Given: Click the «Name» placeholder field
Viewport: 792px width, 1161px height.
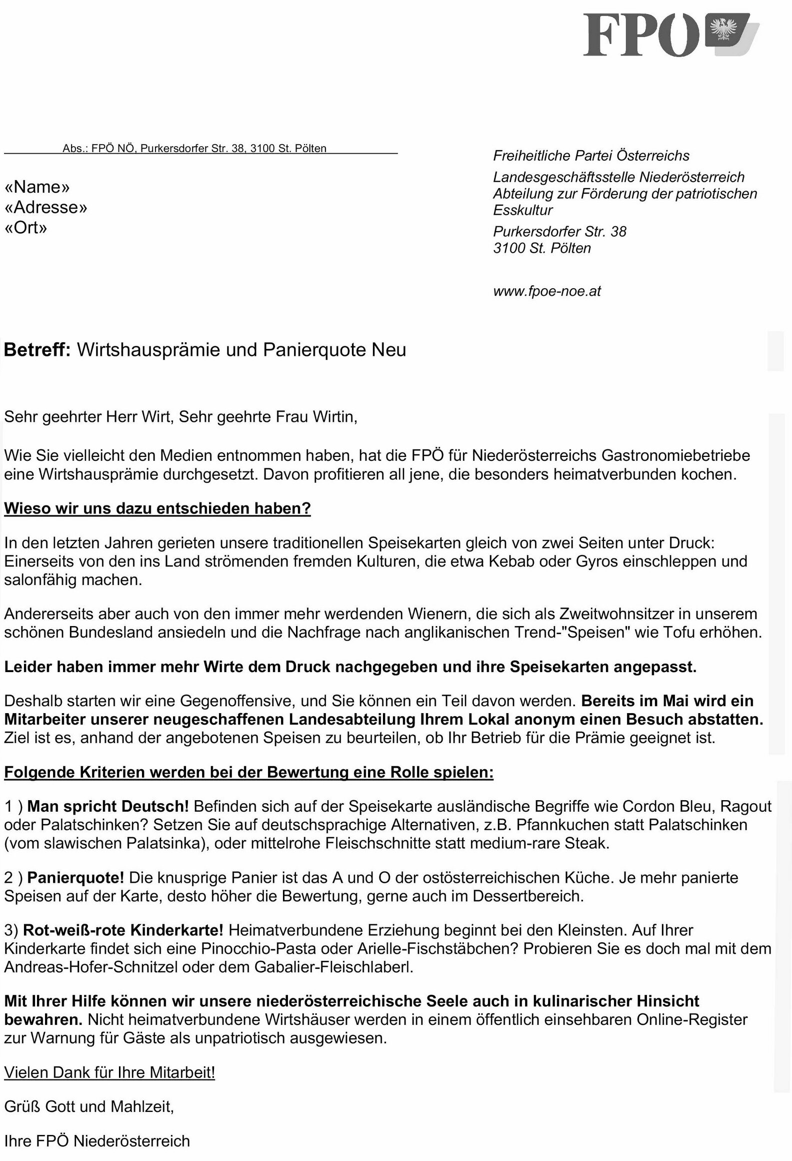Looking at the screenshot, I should click(37, 187).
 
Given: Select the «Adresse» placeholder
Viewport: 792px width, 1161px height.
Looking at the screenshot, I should click(45, 207).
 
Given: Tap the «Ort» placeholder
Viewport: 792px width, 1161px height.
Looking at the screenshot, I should click(25, 228).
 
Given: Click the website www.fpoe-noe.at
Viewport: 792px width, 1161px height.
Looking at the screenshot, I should click(546, 291).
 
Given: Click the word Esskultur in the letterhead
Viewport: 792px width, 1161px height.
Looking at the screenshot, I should click(522, 210).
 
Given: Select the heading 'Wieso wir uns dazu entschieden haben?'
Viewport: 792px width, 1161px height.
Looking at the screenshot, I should click(157, 508).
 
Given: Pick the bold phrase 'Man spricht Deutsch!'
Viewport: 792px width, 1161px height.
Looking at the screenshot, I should click(108, 806).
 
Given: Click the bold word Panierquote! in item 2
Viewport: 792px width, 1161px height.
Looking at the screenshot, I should click(75, 877).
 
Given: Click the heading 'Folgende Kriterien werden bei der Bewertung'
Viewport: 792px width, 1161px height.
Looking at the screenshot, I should click(248, 772).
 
